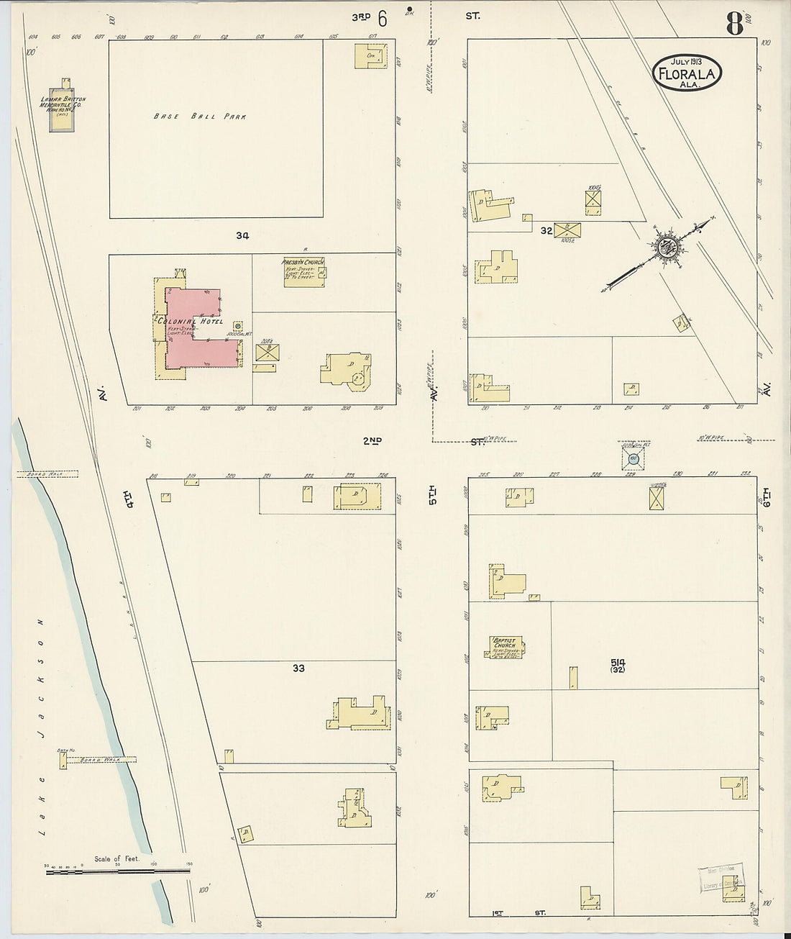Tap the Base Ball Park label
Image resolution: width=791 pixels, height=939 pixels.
coord(200,116)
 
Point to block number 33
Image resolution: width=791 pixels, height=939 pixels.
coord(298,668)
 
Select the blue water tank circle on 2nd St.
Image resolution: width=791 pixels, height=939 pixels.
coord(634,458)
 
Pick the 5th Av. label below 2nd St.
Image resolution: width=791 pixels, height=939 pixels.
coord(433,496)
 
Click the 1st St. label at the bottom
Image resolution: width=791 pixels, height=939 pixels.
coord(518,913)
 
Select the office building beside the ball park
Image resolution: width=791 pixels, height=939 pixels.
coord(372,56)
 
